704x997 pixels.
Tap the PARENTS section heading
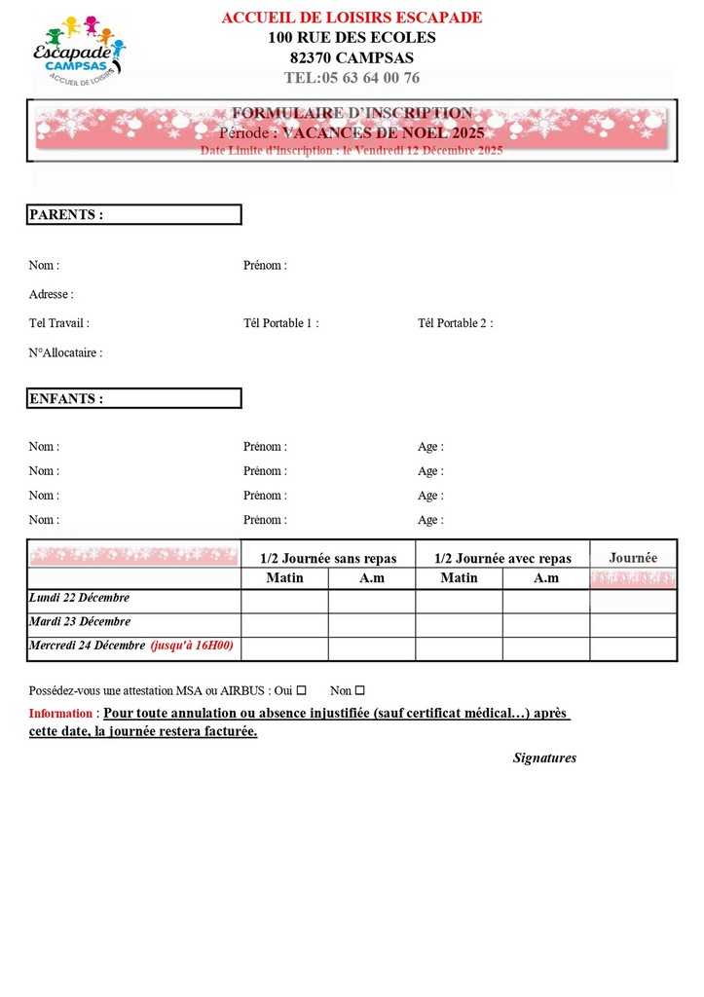(66, 214)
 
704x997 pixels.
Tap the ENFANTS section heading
(66, 398)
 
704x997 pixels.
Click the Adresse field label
(52, 294)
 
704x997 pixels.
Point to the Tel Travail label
(59, 323)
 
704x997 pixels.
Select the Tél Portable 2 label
(455, 323)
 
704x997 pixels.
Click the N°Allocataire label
(65, 353)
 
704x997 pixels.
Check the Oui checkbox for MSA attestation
(302, 690)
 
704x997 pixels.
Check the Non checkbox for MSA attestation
(359, 690)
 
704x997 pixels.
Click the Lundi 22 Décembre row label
(80, 598)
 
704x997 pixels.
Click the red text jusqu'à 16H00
(192, 646)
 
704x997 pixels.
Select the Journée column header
(633, 558)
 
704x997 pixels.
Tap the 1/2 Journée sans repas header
(328, 558)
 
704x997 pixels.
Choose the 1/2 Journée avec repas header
(502, 558)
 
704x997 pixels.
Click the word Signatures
(544, 757)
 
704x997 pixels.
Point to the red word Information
(61, 714)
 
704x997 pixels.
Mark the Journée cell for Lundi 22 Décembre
(633, 601)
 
